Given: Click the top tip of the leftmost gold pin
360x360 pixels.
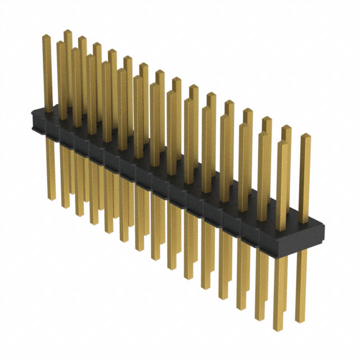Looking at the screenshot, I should (x=47, y=37).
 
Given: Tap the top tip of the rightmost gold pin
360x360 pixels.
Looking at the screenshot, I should (x=305, y=136).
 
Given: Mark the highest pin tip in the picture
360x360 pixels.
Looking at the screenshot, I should (x=67, y=31).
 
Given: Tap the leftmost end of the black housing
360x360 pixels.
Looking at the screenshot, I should (x=33, y=120).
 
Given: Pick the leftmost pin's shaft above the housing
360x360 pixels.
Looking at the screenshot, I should (x=48, y=73).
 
